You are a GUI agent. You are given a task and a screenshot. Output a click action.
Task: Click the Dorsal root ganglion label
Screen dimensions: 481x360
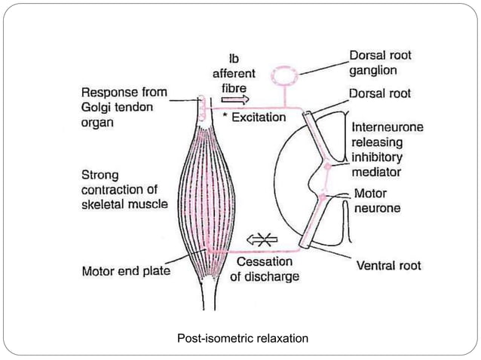click(x=381, y=63)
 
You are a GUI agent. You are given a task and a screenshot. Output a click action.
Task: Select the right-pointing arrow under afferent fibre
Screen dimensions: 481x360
click(x=235, y=99)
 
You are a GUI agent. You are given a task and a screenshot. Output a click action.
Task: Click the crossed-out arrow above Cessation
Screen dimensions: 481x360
click(x=262, y=239)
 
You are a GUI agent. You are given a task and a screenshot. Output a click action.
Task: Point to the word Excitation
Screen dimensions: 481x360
click(x=259, y=117)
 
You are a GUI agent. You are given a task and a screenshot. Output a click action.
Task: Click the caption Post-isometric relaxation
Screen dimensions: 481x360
click(x=243, y=339)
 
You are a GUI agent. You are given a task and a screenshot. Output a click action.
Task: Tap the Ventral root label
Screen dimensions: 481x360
click(x=389, y=265)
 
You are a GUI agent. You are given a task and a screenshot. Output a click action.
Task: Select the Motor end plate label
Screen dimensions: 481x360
click(x=126, y=271)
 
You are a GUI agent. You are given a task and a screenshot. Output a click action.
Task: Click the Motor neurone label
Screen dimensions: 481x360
click(x=377, y=200)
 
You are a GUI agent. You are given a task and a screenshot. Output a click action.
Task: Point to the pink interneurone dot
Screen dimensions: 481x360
click(x=328, y=166)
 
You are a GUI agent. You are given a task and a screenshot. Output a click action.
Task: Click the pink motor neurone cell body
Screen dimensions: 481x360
click(x=323, y=197)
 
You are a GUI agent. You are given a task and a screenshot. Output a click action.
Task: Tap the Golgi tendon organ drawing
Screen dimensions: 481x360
click(x=201, y=108)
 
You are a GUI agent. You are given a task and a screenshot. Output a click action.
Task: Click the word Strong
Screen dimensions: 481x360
click(x=100, y=175)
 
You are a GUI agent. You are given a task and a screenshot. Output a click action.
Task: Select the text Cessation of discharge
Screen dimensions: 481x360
click(x=265, y=269)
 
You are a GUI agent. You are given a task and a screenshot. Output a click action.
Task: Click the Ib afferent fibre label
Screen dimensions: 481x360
click(x=234, y=74)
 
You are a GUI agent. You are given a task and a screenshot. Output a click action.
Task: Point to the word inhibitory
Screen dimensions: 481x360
click(x=377, y=157)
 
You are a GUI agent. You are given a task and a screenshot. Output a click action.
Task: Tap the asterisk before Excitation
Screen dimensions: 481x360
click(x=225, y=116)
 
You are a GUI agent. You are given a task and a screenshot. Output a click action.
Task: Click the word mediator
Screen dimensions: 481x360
click(x=376, y=172)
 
